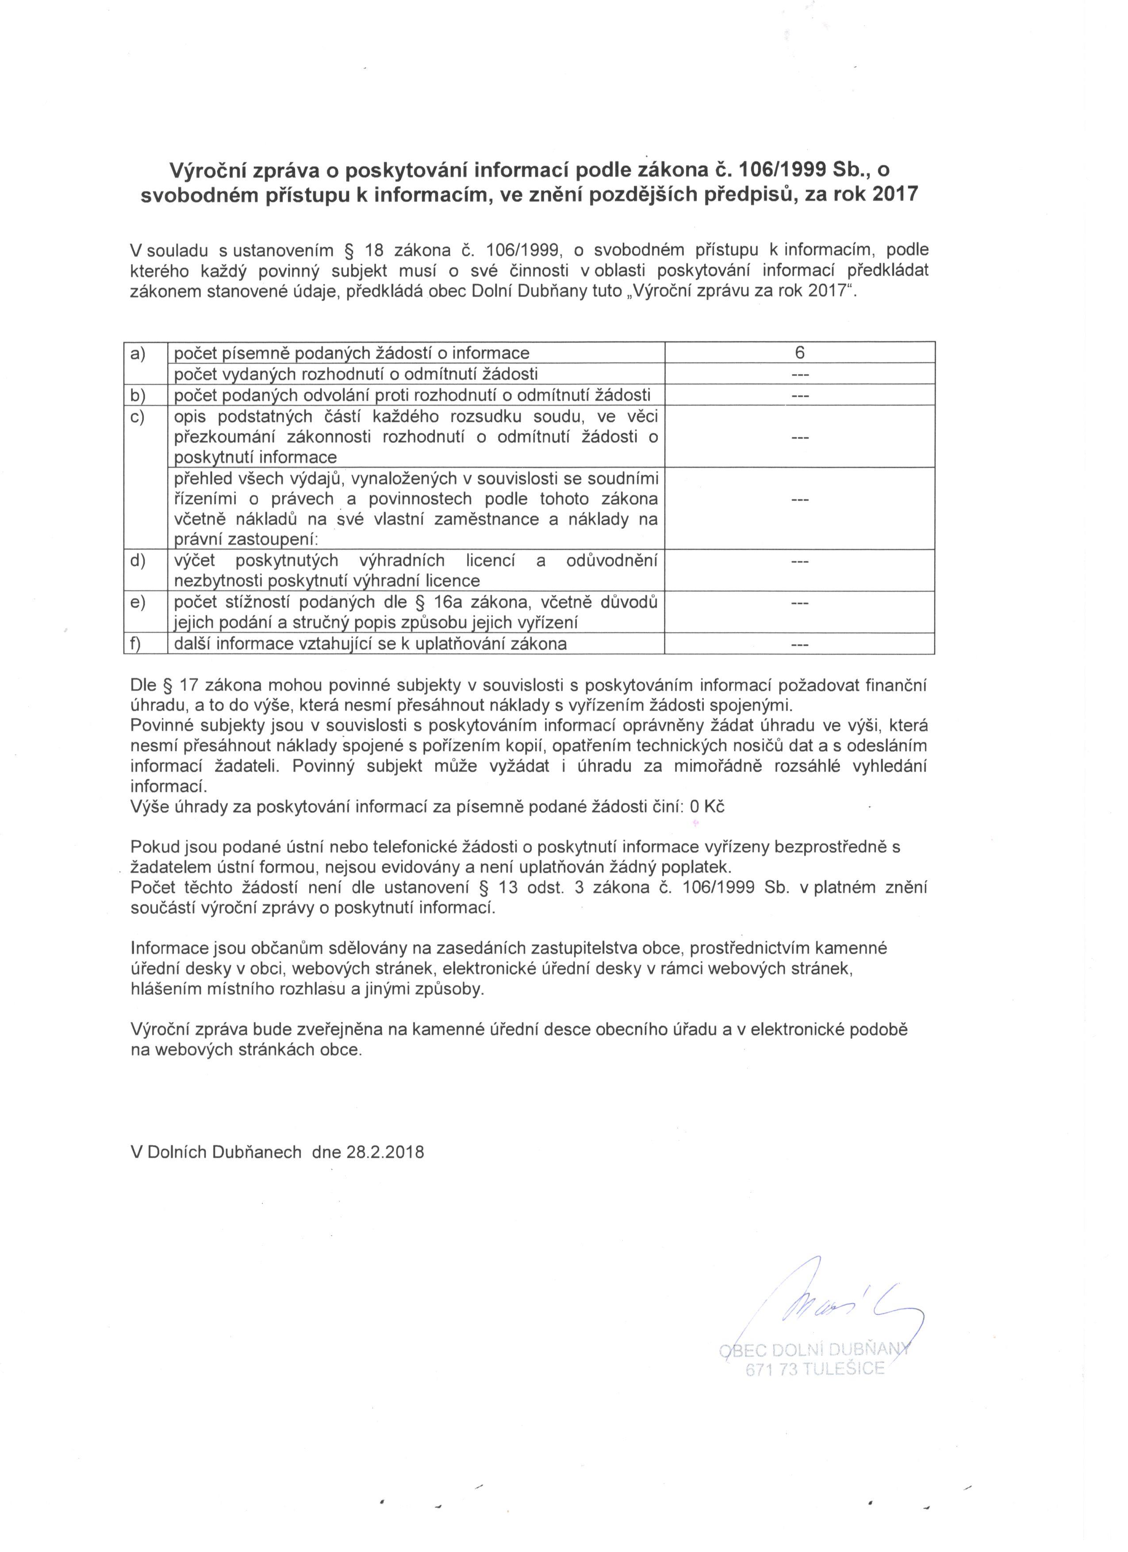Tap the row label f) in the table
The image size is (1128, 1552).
tap(136, 643)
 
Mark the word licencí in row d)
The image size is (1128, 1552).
tap(490, 560)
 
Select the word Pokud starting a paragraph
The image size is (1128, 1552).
tap(153, 847)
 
